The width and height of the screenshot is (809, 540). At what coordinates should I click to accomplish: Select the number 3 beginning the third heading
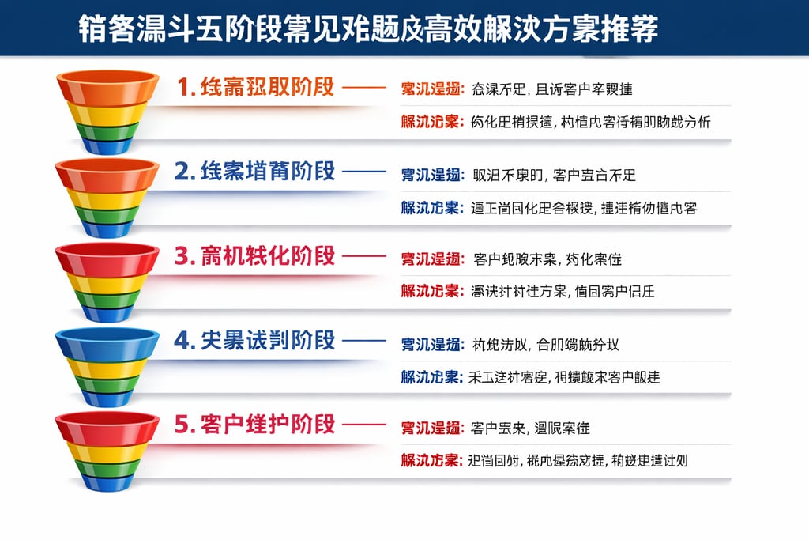(x=182, y=256)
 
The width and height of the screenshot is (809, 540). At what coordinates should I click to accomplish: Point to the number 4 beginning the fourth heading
(x=182, y=341)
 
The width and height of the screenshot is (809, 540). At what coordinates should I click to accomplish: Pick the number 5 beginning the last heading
(x=182, y=425)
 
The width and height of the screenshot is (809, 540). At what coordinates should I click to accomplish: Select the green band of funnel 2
(x=107, y=216)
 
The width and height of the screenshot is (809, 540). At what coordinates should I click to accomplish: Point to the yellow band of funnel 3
(x=107, y=284)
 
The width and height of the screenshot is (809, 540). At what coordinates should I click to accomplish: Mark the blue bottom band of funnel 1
(x=107, y=145)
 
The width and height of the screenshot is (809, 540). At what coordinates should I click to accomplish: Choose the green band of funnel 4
(x=107, y=385)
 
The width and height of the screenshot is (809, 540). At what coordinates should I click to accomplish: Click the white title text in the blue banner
(x=367, y=29)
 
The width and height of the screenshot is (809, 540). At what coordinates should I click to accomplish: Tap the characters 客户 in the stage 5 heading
(x=223, y=425)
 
